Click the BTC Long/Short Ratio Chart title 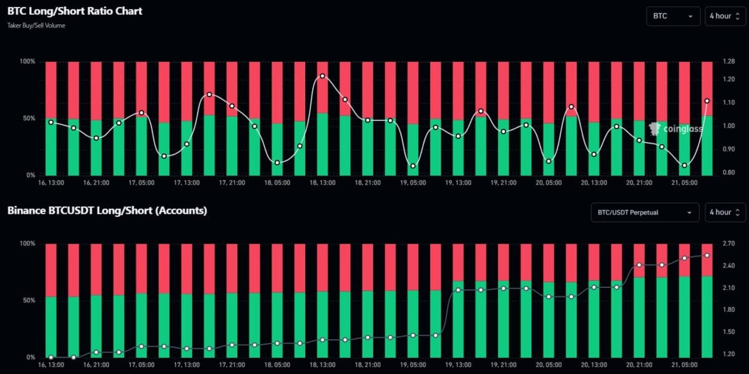[x=75, y=11]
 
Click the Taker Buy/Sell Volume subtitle [x=36, y=26]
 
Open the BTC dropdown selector [x=673, y=16]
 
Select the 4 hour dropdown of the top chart [x=725, y=16]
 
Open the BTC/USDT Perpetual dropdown [x=645, y=213]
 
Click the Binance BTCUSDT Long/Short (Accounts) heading [x=107, y=211]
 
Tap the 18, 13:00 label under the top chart [x=323, y=183]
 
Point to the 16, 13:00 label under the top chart [x=51, y=183]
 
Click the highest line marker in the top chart [x=323, y=76]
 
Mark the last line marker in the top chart [x=707, y=101]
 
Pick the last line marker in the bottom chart [x=707, y=256]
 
